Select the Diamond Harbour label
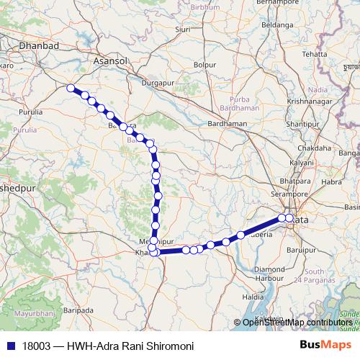[x=270, y=274]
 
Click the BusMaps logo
[x=325, y=345]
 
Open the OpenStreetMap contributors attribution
[x=297, y=323]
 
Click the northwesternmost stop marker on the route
[x=71, y=88]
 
